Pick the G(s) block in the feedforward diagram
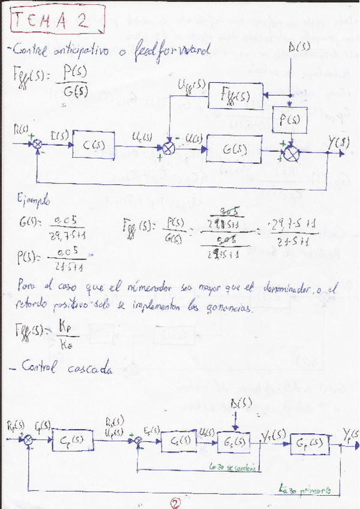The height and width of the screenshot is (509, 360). (233, 148)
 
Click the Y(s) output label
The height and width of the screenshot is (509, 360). (340, 143)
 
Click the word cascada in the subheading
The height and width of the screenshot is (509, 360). (90, 370)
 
